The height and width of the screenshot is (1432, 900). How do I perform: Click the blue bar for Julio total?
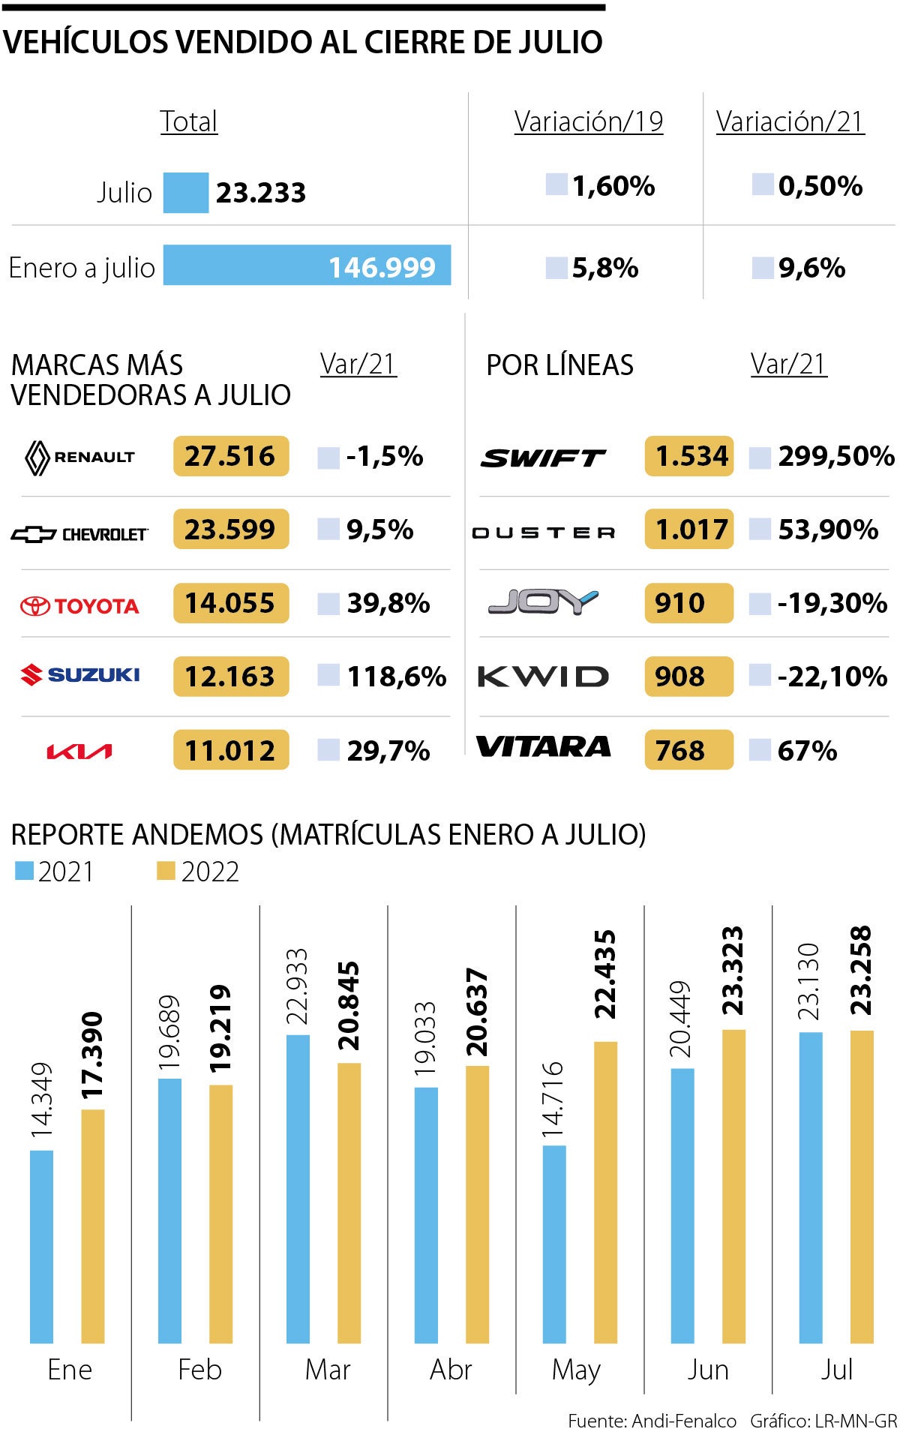[x=186, y=193]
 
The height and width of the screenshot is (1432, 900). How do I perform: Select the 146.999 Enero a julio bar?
[x=307, y=265]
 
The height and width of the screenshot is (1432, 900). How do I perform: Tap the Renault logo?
[x=80, y=457]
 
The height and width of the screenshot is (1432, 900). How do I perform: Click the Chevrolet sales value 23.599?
[x=230, y=530]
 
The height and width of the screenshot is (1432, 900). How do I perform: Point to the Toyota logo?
[x=79, y=605]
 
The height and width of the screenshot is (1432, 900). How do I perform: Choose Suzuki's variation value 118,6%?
[x=396, y=677]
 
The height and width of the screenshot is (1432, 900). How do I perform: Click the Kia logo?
[x=79, y=751]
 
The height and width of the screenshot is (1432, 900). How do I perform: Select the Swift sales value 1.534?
[x=690, y=456]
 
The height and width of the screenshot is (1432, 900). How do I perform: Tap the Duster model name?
[x=544, y=533]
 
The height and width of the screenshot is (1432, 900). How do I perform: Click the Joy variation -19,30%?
[x=832, y=603]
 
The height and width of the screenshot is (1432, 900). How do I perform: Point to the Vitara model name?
[x=544, y=747]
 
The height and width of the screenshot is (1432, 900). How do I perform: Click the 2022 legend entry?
[x=199, y=872]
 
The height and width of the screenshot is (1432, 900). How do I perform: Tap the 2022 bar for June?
[x=733, y=1185]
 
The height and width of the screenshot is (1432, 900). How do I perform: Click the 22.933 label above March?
[x=298, y=986]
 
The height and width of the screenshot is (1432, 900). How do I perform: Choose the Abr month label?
[x=451, y=1370]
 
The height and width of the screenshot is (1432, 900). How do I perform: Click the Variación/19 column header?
[x=589, y=122]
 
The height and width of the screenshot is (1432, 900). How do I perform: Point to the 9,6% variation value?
[x=811, y=268]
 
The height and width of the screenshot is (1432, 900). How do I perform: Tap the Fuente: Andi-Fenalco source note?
[x=652, y=1421]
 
